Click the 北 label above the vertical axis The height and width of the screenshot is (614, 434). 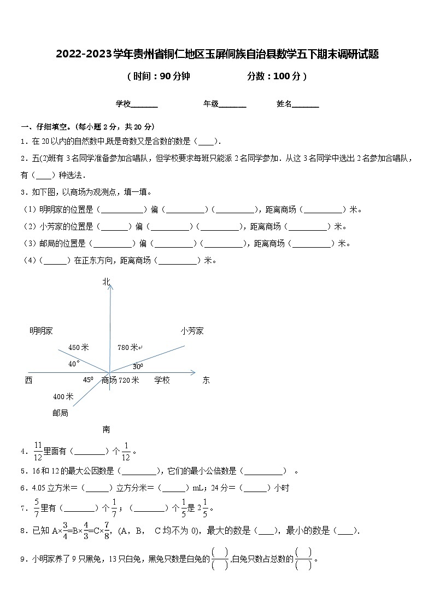(x=106, y=282)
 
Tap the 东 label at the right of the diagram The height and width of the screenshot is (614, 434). (x=206, y=380)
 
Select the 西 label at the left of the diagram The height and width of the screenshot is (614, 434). (x=28, y=380)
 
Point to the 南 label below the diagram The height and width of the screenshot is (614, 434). (x=106, y=429)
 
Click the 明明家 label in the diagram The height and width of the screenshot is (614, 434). (x=41, y=331)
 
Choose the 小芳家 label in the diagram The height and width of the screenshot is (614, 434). (x=192, y=331)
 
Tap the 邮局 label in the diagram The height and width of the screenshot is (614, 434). (x=60, y=413)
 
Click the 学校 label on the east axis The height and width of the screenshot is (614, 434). (x=162, y=380)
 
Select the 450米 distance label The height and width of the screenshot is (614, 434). (x=79, y=347)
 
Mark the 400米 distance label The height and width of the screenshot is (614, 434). (x=63, y=396)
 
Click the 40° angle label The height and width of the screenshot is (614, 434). (x=74, y=364)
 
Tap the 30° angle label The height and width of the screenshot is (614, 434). (x=138, y=366)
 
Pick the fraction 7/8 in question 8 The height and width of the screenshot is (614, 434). (x=107, y=530)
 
